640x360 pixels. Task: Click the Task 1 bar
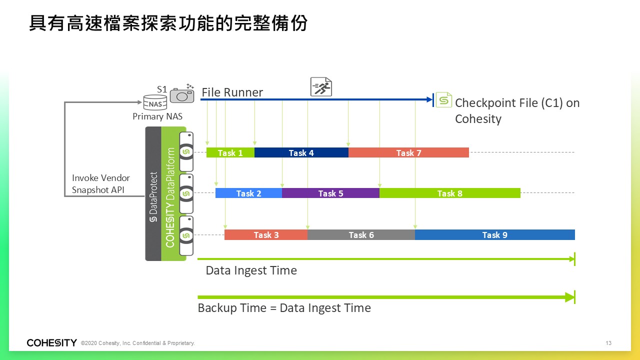230,152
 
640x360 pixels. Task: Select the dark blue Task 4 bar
301,152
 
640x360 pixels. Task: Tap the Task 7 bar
408,152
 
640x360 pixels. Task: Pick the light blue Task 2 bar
248,193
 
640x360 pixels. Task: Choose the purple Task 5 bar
330,193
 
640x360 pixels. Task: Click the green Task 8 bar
450,193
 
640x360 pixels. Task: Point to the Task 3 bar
266,235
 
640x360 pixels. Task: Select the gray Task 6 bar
361,235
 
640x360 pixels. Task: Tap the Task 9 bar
495,235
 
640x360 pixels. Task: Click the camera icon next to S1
182,95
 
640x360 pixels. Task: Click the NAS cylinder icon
155,103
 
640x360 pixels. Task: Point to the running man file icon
321,87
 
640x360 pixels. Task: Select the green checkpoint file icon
443,99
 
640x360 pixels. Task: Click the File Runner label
232,92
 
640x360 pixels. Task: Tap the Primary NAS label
157,116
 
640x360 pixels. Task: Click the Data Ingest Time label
251,270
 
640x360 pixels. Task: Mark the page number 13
608,343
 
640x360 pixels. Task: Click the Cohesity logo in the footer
51,342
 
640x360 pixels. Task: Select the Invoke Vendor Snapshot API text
101,183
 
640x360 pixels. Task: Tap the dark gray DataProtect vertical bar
153,193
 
